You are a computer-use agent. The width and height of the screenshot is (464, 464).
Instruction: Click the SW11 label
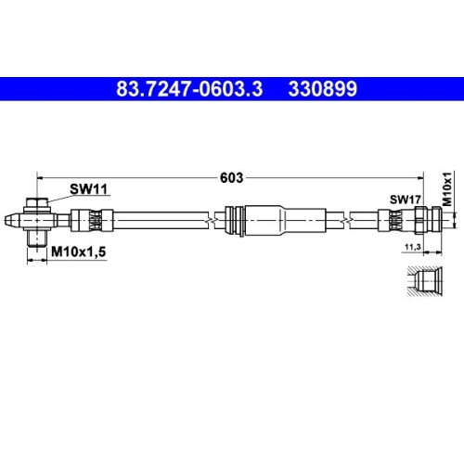(x=90, y=189)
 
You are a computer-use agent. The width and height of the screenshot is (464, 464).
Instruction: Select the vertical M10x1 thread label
(x=445, y=189)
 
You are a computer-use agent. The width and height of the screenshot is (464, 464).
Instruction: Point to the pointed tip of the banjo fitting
(x=10, y=222)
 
